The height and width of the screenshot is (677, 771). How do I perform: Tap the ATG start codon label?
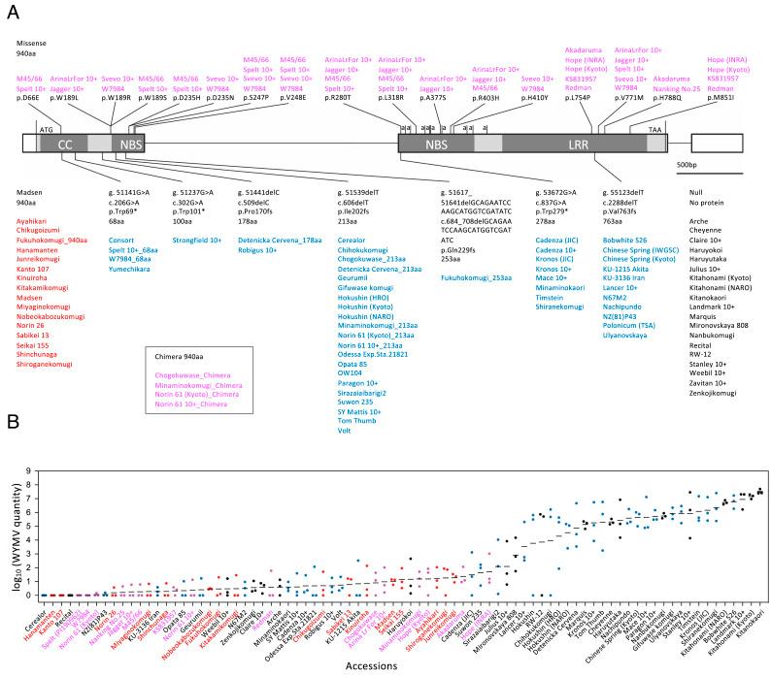[x=47, y=127]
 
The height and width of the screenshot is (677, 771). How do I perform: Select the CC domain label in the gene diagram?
[x=66, y=144]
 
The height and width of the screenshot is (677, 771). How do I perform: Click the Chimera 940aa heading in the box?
[x=181, y=356]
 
